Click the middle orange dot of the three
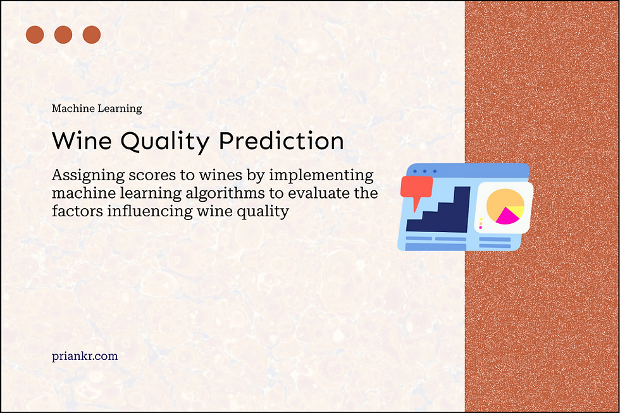click(63, 35)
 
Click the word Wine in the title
click(82, 140)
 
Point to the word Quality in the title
click(165, 142)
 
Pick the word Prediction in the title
click(281, 140)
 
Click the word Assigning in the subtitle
click(88, 175)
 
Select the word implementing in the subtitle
click(321, 175)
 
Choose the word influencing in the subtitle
click(150, 211)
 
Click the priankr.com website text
click(85, 356)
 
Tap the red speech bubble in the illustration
click(416, 190)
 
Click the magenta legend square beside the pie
click(480, 227)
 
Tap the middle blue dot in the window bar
click(425, 171)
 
